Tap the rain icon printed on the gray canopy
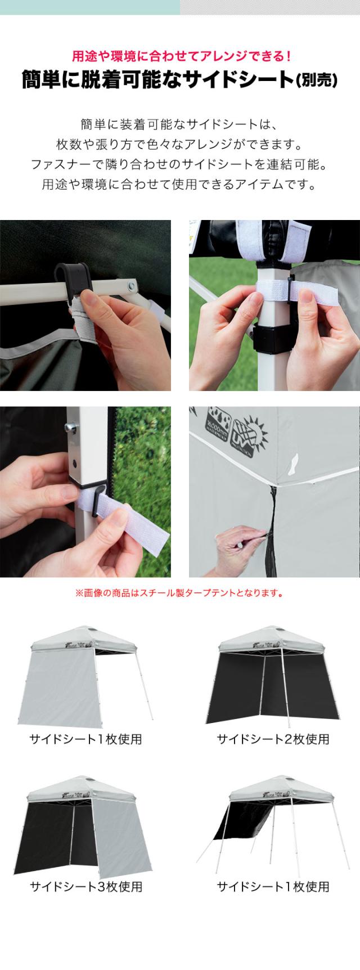pos(218,427)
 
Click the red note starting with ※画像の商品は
pos(179,593)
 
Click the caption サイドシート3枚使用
pos(85,887)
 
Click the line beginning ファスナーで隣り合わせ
pos(179,164)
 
